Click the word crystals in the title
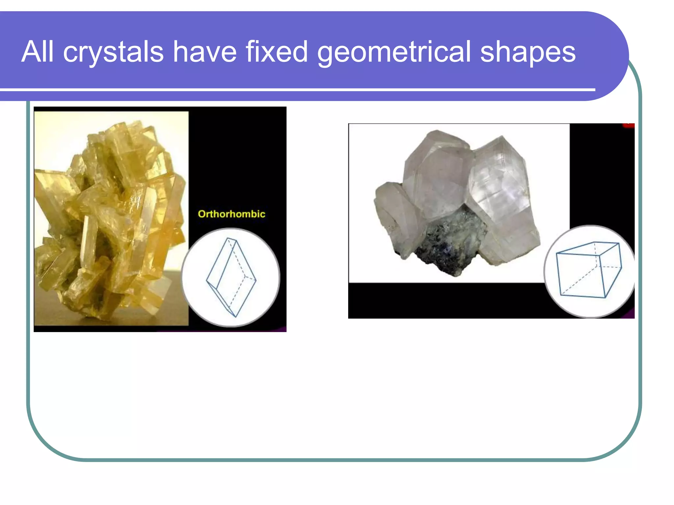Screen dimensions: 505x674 [x=113, y=53]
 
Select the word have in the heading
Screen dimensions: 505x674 [x=204, y=52]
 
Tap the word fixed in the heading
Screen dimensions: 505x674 [x=276, y=52]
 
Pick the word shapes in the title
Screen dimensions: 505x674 [x=528, y=53]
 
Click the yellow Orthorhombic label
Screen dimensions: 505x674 [x=231, y=214]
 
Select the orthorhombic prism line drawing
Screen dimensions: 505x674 [x=231, y=277]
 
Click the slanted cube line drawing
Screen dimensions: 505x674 [x=588, y=270]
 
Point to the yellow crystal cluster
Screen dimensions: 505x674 [x=109, y=217]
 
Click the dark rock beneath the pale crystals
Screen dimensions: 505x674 [x=451, y=243]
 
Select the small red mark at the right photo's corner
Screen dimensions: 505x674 [x=628, y=125]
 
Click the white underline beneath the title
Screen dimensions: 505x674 [x=296, y=89]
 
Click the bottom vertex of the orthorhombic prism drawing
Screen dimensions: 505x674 [x=236, y=317]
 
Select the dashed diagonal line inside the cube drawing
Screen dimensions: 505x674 [x=579, y=279]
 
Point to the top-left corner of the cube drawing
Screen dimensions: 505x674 [x=557, y=253]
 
